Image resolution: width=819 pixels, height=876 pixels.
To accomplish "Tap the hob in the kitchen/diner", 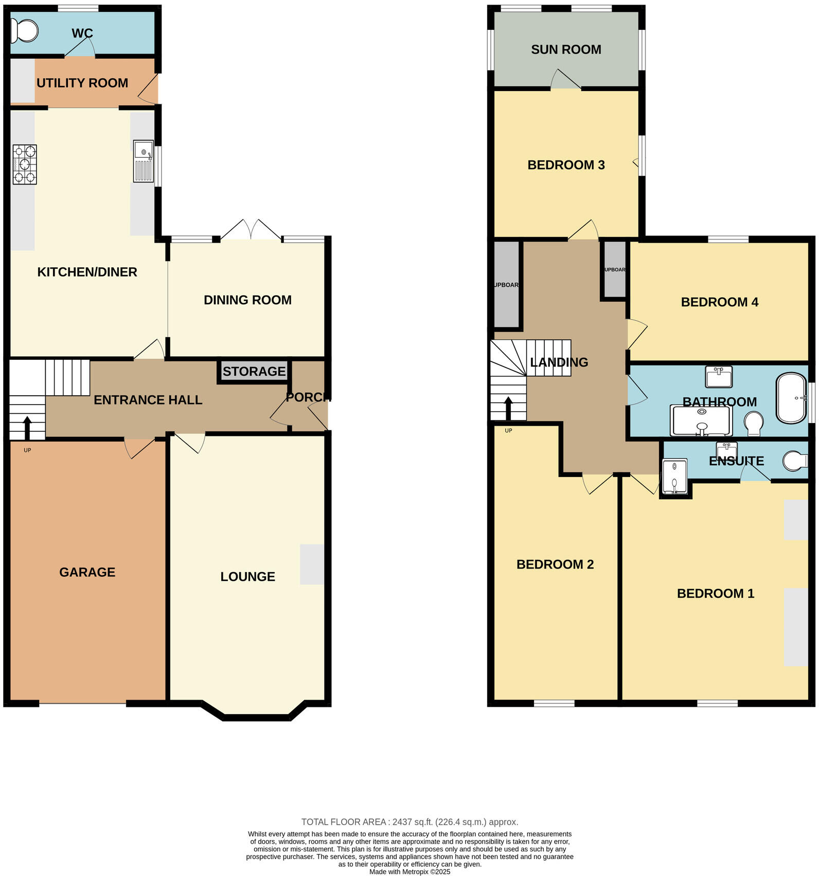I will pos(25,165).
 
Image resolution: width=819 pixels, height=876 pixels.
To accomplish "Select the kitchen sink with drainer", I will pos(143,161).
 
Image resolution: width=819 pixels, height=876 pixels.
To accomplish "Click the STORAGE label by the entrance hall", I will pos(254,371).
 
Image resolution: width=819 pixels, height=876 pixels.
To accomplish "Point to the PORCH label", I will pos(308,397).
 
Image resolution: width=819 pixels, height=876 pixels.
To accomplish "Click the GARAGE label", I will pos(87,572).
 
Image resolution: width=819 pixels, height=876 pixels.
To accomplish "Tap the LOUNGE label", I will pos(247,577).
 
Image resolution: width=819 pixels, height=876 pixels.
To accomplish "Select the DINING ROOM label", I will pos(247,300).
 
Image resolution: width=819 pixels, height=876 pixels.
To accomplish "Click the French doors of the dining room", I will pos(252,230).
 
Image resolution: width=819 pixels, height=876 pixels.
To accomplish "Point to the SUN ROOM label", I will pos(566,49).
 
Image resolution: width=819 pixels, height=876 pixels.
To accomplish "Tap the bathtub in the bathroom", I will pos(791,398).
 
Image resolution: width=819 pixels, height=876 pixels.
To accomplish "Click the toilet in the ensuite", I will pos(795,461).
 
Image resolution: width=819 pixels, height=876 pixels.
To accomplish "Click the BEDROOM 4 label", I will pos(719,302).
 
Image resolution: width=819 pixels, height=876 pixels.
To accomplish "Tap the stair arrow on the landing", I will pos(508,409).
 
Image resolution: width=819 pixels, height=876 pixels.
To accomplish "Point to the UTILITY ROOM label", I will pos(82,83).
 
